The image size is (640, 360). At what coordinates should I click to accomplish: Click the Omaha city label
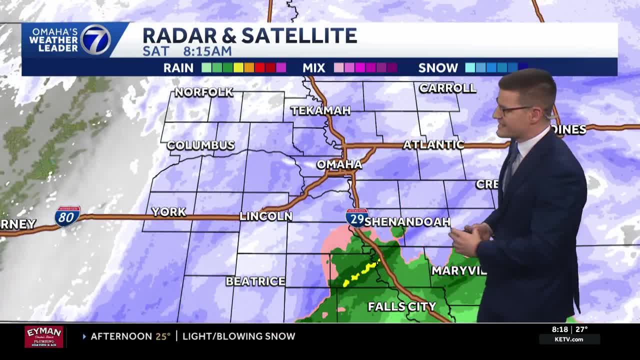(x=339, y=164)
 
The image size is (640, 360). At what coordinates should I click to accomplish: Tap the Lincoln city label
(x=265, y=216)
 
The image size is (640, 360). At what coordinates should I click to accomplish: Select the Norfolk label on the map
(x=203, y=92)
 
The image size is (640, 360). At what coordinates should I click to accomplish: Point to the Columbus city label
(x=200, y=145)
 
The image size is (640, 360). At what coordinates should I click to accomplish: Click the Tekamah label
(x=320, y=110)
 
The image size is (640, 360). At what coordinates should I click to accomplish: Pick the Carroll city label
(x=447, y=88)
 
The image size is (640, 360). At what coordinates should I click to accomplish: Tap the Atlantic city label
(x=433, y=144)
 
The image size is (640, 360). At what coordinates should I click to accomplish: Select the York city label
(x=169, y=211)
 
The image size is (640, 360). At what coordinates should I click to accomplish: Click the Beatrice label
(x=255, y=281)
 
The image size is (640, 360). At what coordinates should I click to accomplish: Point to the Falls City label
(x=402, y=306)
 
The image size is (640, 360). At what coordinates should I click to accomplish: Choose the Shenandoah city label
(x=407, y=221)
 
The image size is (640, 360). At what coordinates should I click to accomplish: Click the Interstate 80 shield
(x=67, y=216)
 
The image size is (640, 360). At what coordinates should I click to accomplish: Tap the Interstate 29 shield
(x=357, y=218)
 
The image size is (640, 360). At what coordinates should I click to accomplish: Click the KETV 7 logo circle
(x=95, y=39)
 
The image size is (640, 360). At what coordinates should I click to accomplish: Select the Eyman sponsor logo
(x=44, y=336)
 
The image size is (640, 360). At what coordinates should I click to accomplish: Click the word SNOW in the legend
(x=438, y=68)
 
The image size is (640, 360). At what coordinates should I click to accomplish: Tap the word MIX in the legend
(x=314, y=68)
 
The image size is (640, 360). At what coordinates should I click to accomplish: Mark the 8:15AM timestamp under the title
(x=207, y=51)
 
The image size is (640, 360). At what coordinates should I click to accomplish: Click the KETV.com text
(x=569, y=339)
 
